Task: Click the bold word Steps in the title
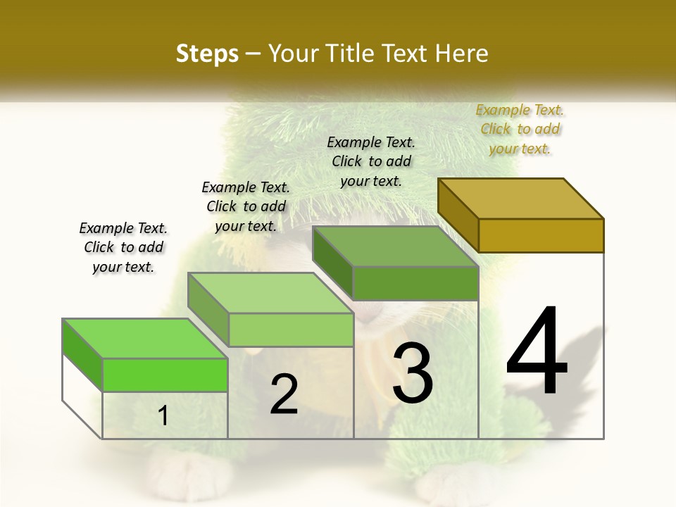tap(207, 54)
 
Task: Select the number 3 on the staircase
tap(412, 373)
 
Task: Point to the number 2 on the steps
tap(284, 394)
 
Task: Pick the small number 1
tap(163, 415)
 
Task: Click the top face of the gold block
tap(521, 198)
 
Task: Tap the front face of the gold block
tap(541, 235)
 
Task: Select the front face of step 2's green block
tap(291, 330)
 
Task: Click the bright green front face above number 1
tap(165, 375)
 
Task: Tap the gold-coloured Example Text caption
tap(520, 129)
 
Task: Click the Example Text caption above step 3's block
tap(371, 161)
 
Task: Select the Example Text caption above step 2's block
tap(246, 206)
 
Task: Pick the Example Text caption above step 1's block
tap(123, 247)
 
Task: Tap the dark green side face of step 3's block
tap(332, 263)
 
